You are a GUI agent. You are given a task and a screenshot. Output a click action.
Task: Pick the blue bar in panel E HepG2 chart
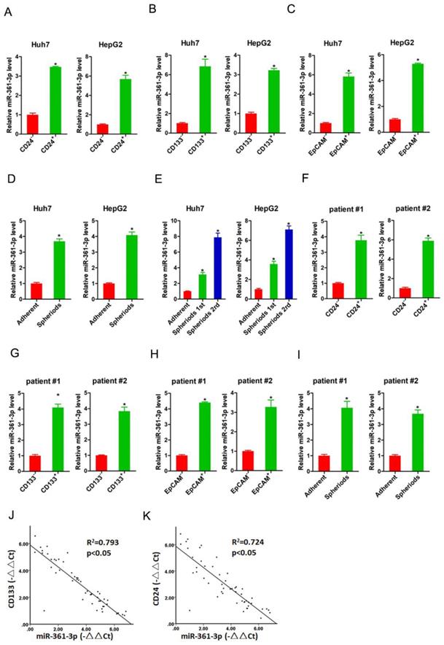click(288, 263)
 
